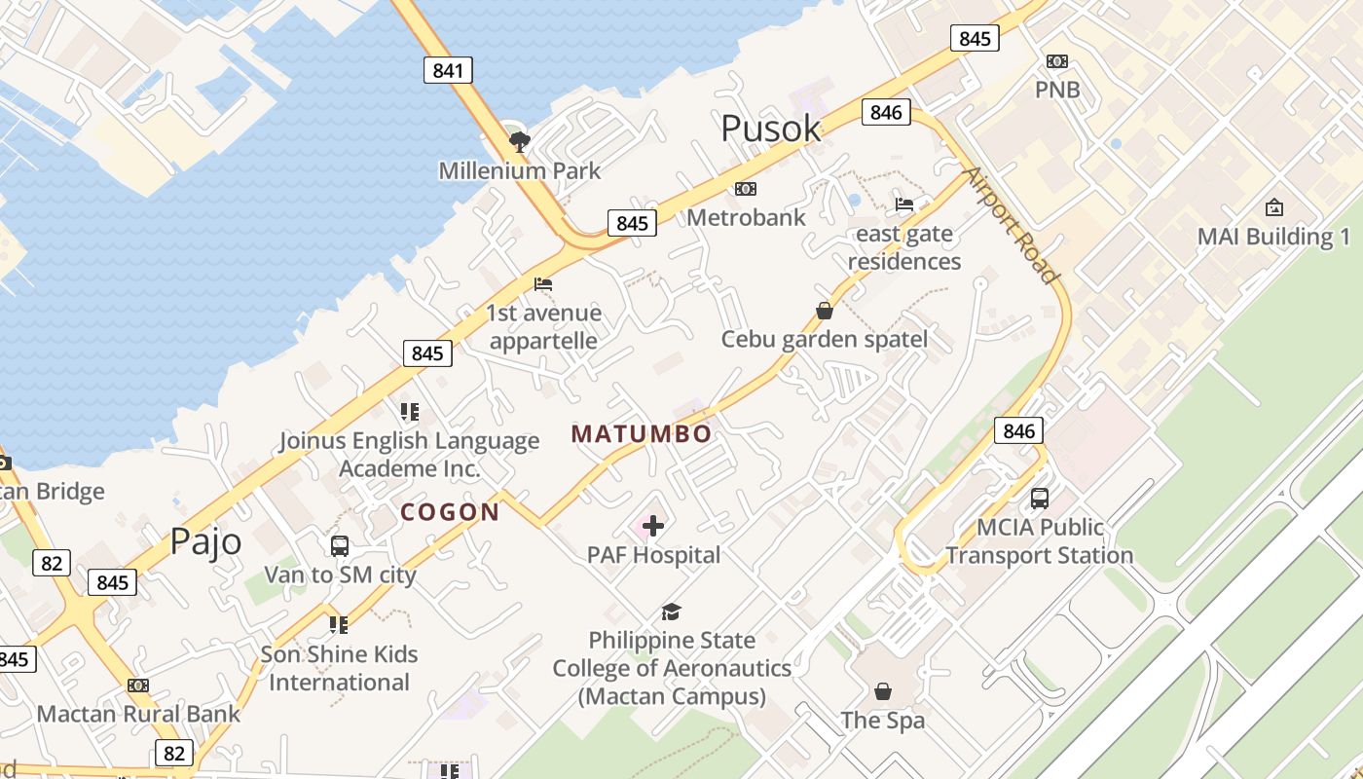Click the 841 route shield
448,70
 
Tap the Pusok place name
770,129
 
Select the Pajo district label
205,540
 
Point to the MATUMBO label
642,434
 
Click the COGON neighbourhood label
450,512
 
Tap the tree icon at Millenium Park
520,142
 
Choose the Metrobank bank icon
746,188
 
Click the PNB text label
1056,90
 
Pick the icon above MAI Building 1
1273,207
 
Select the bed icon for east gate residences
904,204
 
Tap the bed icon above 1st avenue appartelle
543,284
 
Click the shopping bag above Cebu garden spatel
825,311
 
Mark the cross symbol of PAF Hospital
653,526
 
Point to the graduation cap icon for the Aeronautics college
671,612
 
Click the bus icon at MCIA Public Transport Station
1040,499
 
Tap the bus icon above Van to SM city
340,546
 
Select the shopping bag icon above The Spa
883,691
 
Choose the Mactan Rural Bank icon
138,686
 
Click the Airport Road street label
1012,225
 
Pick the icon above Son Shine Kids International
338,625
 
